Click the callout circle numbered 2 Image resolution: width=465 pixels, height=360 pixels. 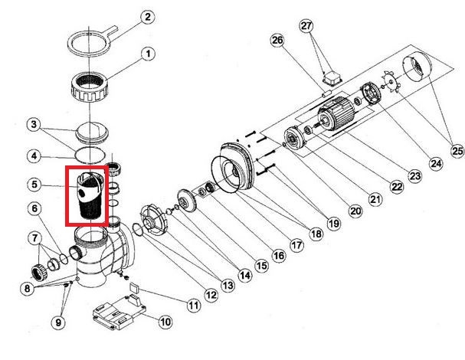click(147, 17)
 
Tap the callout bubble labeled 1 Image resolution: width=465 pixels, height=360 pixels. click(148, 54)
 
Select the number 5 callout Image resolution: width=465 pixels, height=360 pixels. click(34, 185)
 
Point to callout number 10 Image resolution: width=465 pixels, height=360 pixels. click(165, 322)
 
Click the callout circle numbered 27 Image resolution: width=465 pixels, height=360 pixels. click(306, 26)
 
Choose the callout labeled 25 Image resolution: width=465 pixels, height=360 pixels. click(457, 151)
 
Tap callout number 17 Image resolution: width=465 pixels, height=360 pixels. click(296, 245)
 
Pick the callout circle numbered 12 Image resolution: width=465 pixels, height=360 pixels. click(211, 295)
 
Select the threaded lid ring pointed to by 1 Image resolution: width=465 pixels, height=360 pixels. click(90, 87)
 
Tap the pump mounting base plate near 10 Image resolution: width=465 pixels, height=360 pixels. click(120, 313)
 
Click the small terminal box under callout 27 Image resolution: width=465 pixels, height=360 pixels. click(332, 79)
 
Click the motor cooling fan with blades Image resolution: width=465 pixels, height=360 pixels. click(391, 82)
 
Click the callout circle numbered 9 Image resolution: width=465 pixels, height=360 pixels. click(58, 322)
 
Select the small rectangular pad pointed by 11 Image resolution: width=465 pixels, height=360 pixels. click(134, 287)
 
